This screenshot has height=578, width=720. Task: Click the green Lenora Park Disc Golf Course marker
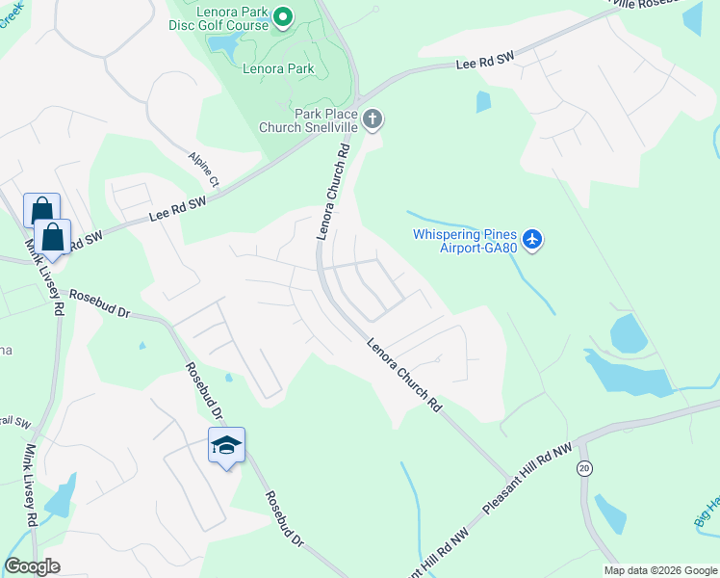[283, 16]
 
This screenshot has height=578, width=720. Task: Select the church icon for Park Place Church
[373, 120]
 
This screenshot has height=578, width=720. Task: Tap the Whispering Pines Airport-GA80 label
[466, 241]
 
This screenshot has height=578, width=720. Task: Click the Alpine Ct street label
[204, 168]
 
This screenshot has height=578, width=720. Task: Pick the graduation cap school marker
[226, 446]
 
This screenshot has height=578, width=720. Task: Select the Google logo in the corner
[32, 566]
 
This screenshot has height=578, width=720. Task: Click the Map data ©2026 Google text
[660, 570]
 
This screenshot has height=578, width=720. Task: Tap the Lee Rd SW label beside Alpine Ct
[178, 209]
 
